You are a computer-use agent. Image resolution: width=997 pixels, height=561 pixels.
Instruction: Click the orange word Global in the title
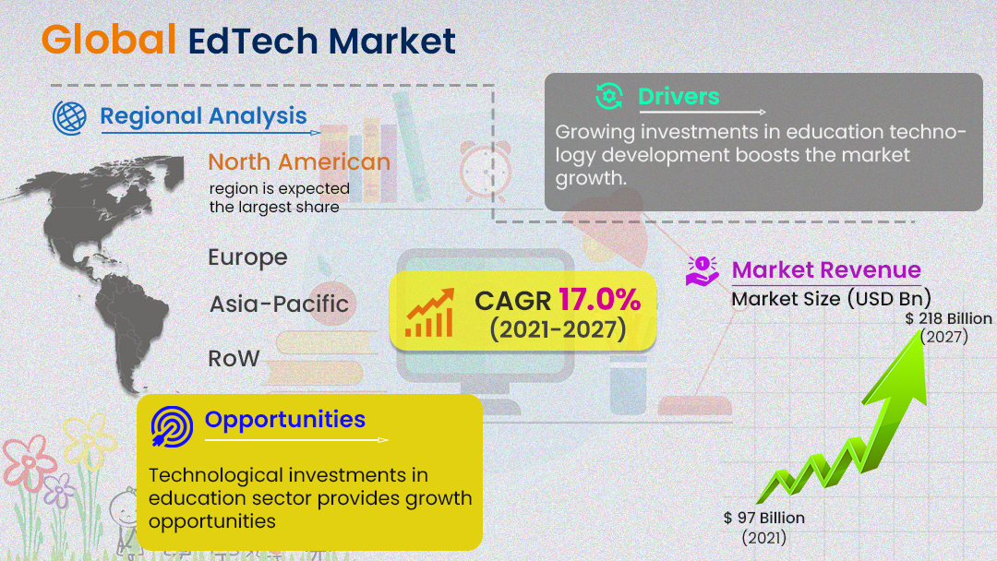point(108,40)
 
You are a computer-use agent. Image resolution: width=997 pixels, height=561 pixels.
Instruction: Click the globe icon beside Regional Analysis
point(69,116)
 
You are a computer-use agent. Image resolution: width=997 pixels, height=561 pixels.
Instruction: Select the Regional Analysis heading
point(203,116)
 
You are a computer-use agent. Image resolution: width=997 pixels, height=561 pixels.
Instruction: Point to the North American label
point(299,162)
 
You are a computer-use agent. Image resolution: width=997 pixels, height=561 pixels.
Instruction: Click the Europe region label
point(247,257)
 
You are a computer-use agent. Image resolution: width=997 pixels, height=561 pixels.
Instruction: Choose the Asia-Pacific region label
point(279,304)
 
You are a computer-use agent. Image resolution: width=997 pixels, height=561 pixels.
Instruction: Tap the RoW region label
point(234,358)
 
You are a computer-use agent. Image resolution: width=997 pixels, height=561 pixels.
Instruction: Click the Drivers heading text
point(679,96)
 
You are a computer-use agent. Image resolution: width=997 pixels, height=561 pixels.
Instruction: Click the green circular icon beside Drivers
point(609,96)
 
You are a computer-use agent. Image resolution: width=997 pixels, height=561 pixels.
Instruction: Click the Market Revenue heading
point(826,270)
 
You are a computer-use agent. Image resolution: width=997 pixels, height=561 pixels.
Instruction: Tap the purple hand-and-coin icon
point(703,270)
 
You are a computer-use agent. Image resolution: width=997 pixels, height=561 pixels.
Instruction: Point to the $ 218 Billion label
point(948,318)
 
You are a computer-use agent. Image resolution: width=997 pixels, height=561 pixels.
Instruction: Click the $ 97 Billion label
point(764,518)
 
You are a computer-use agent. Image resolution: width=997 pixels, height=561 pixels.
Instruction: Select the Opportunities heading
point(285,420)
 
